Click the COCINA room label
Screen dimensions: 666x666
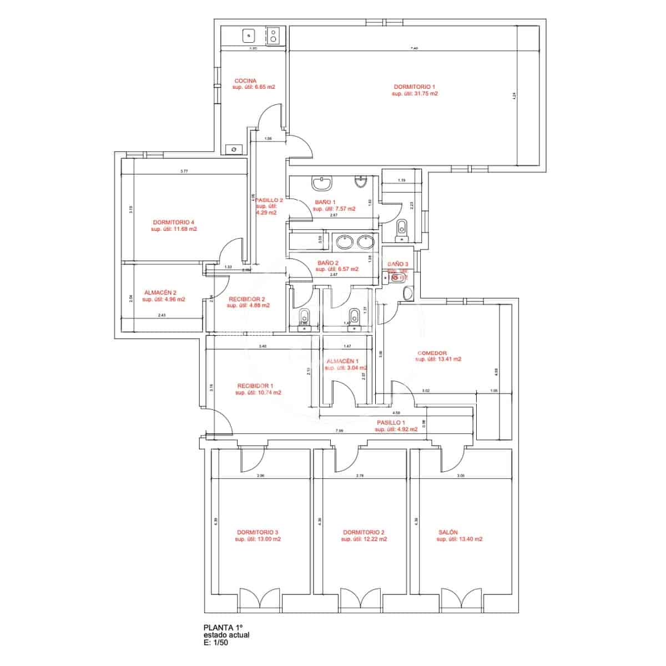tap(245, 80)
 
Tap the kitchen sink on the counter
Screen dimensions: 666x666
tap(248, 36)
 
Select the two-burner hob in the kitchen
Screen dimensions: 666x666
tap(274, 36)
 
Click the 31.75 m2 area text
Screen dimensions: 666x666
tap(415, 94)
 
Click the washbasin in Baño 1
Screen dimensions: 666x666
tap(321, 183)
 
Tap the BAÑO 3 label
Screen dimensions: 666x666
tap(397, 264)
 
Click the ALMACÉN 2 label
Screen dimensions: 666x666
tap(160, 292)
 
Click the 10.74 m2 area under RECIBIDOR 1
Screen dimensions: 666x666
tap(258, 392)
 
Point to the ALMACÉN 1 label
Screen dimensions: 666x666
tap(342, 361)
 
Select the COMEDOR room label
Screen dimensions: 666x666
tap(432, 352)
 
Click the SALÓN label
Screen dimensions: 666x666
tap(448, 532)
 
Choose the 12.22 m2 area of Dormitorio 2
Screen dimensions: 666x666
tap(364, 539)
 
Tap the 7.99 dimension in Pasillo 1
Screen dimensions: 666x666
tap(339, 431)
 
